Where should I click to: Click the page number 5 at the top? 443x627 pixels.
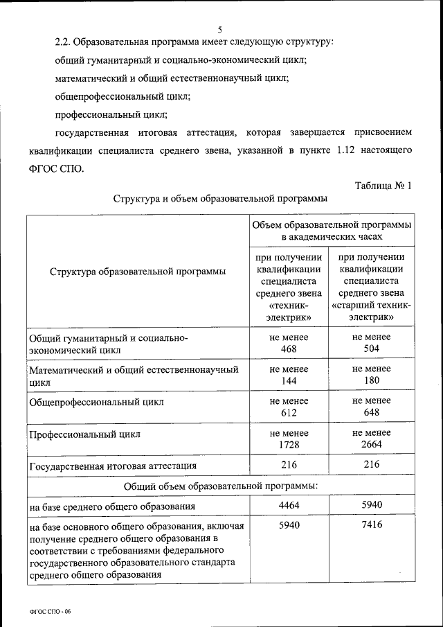tap(220, 29)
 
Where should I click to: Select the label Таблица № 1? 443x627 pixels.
tap(383, 186)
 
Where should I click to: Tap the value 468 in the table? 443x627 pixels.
tap(289, 349)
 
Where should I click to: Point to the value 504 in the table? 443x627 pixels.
tap(372, 349)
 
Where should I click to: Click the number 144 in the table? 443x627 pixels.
tap(289, 381)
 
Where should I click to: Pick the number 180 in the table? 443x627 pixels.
tap(372, 381)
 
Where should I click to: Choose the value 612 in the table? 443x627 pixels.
tap(289, 413)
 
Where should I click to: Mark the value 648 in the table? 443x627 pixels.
tap(372, 413)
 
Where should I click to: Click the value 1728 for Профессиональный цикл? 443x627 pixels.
tap(289, 445)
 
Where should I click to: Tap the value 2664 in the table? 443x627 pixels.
tap(372, 445)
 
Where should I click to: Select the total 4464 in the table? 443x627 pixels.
tap(289, 505)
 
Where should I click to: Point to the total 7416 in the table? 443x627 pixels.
tap(372, 525)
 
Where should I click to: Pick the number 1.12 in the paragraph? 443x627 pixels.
tap(346, 150)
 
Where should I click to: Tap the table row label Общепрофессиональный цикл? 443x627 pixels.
tap(97, 402)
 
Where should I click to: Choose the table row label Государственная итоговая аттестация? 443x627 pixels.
tap(112, 466)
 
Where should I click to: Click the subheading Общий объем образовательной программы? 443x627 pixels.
tap(221, 485)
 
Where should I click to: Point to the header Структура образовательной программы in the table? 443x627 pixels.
tap(138, 271)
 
